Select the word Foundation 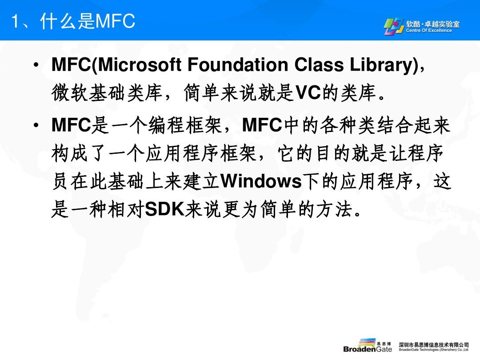coord(238,65)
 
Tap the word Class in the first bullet coord(319,65)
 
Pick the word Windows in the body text coord(261,181)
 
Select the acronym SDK coord(164,209)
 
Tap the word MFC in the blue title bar coord(116,21)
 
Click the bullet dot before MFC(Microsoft coord(36,65)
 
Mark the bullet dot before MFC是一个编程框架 coord(36,125)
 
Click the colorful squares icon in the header coord(394,26)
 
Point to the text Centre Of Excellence coord(429,30)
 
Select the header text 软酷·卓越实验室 coord(433,24)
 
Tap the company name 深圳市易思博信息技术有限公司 coord(433,345)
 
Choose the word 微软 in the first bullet coord(70,92)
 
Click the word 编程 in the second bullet coord(167,125)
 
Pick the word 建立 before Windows coord(201,181)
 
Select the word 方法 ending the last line coord(334,209)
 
